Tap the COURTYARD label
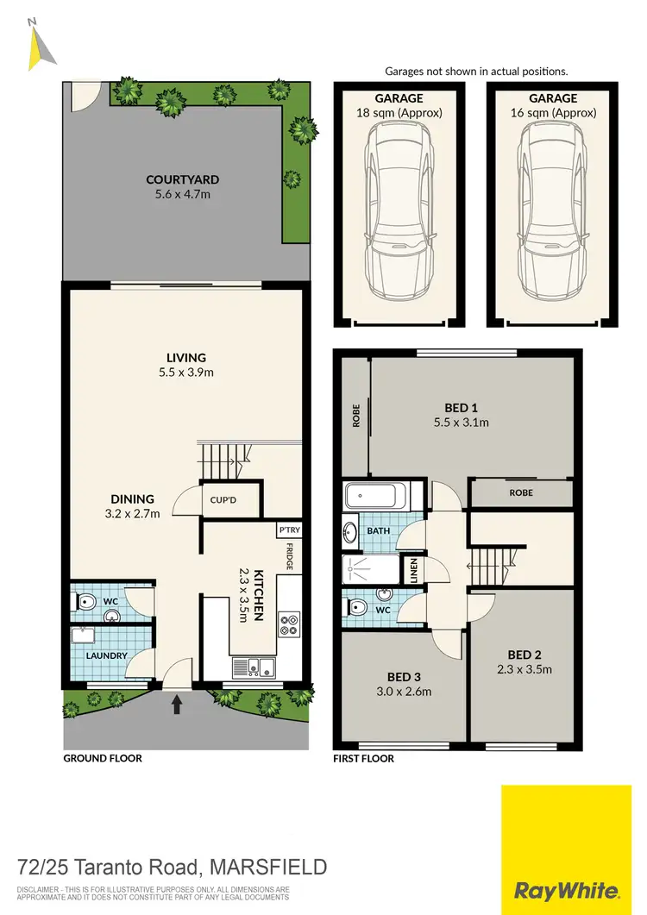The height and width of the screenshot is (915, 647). pyautogui.click(x=182, y=180)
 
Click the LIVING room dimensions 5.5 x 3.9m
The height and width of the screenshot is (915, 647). pyautogui.click(x=187, y=373)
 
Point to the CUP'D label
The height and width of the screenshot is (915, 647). pyautogui.click(x=218, y=498)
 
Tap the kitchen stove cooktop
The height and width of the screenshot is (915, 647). pyautogui.click(x=288, y=624)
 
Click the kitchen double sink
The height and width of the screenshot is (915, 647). pyautogui.click(x=253, y=667)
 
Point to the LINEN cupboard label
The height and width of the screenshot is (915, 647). pyautogui.click(x=414, y=570)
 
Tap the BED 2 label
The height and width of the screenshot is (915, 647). pyautogui.click(x=525, y=654)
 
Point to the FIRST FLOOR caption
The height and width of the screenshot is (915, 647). pyautogui.click(x=363, y=759)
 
